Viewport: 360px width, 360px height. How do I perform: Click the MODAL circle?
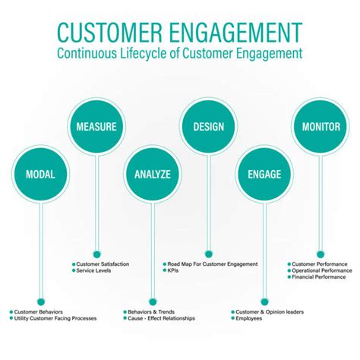coord(39,174)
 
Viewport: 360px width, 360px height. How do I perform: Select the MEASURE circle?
coord(96,126)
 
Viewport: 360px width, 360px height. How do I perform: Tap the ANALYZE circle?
coord(153,174)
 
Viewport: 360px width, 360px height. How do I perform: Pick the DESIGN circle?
coord(208,126)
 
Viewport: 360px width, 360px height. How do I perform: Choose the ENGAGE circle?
coord(264,174)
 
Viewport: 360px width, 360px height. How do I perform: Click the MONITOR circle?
coord(321,126)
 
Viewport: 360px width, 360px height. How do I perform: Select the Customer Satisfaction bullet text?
coord(103,264)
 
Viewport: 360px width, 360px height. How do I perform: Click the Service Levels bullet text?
coord(95,270)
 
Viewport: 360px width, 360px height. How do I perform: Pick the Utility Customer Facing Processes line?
coord(55,318)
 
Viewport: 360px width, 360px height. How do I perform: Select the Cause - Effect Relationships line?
coord(162,318)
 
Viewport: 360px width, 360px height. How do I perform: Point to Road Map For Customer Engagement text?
coord(213,264)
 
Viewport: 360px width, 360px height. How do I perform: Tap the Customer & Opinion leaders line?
coord(269,311)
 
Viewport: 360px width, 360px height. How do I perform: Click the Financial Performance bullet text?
coord(319,277)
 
